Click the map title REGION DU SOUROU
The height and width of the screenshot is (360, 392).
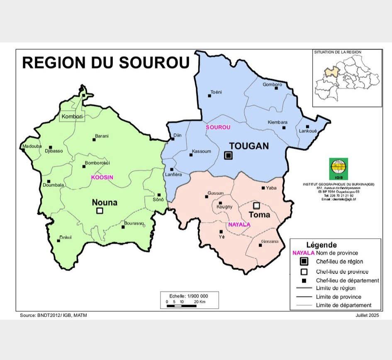(105, 62)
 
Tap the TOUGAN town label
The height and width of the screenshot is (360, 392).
(249, 146)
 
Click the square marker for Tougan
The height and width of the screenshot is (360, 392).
(228, 155)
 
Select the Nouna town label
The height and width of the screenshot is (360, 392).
(105, 203)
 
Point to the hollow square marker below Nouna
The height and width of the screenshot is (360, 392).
(100, 211)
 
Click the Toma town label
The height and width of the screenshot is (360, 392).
(259, 215)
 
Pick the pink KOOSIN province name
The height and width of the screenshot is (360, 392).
(102, 177)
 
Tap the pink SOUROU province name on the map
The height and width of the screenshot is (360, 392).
(218, 127)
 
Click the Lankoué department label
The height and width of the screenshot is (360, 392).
(308, 131)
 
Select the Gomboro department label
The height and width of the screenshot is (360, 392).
(272, 85)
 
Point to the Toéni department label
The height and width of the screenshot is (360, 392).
(216, 91)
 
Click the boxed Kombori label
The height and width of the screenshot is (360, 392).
(72, 117)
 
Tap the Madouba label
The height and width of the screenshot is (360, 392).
(32, 146)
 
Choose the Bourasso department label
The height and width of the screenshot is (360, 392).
(134, 223)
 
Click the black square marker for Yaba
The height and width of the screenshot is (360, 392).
(263, 188)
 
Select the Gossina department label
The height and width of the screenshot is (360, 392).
(270, 242)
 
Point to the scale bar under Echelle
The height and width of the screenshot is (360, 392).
(182, 306)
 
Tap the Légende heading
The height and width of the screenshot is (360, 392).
(321, 245)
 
